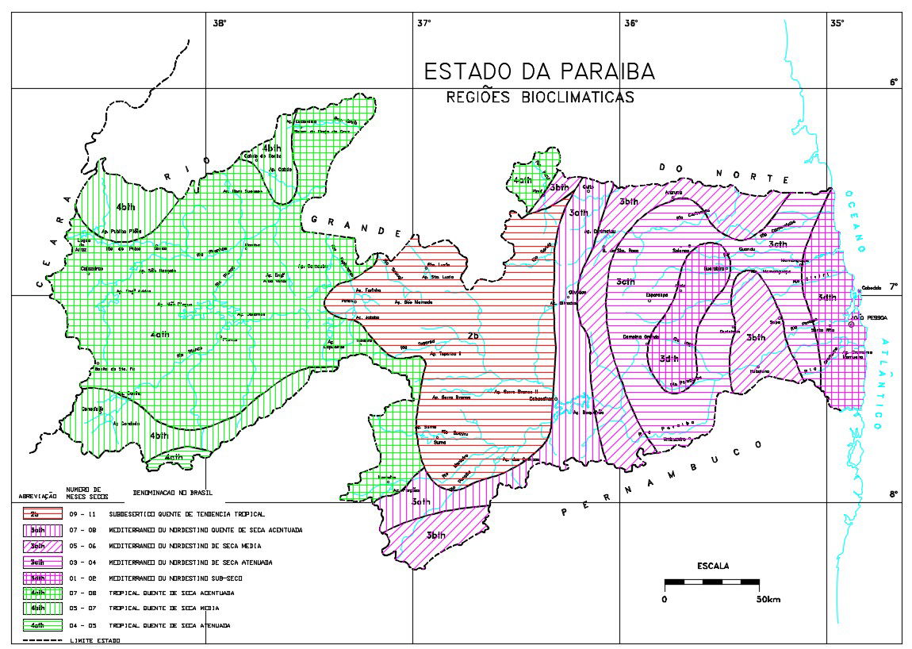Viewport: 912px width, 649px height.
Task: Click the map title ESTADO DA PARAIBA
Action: (539, 71)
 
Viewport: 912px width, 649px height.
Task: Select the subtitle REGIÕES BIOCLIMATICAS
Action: (539, 98)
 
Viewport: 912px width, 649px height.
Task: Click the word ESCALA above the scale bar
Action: (712, 566)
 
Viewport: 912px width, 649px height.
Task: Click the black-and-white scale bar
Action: (711, 583)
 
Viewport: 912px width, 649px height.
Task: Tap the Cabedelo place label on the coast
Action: (870, 288)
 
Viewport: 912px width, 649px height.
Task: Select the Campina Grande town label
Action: (640, 336)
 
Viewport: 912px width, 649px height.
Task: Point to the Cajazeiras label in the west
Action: (92, 268)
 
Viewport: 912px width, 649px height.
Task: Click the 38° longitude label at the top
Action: (219, 23)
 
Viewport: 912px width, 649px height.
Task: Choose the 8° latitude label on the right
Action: (893, 494)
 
